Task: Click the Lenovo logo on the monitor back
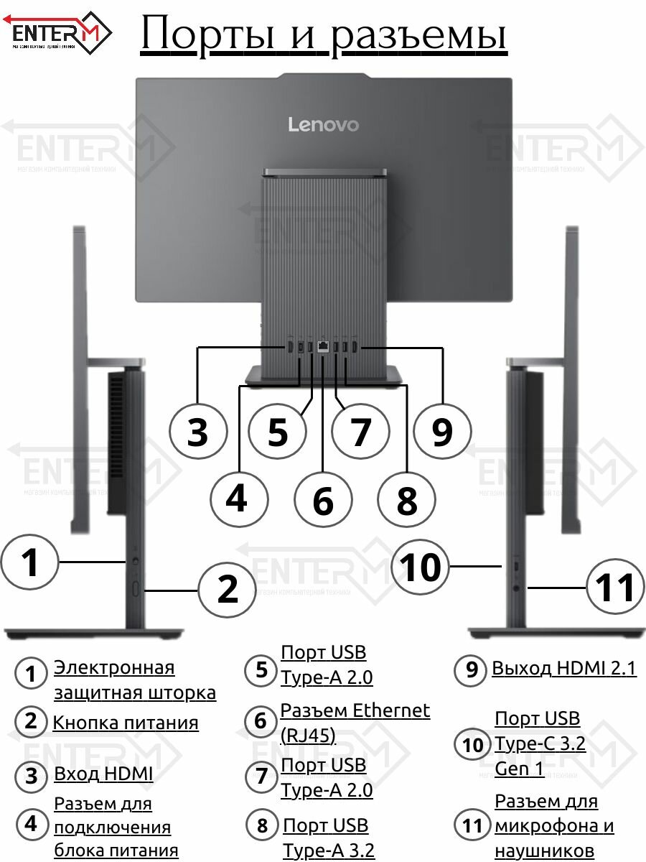(x=323, y=124)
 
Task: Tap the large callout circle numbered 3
(x=197, y=432)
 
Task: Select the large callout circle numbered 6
(x=324, y=499)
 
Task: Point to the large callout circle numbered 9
(x=443, y=432)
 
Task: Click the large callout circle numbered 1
(x=29, y=562)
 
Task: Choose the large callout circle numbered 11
(x=615, y=588)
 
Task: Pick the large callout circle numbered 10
(x=421, y=567)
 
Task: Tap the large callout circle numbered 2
(x=228, y=589)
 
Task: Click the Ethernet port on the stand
(x=323, y=346)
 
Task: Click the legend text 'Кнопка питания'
(x=126, y=723)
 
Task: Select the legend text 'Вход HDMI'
(x=103, y=774)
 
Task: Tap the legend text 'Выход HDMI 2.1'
(x=563, y=669)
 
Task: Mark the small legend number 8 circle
(x=261, y=826)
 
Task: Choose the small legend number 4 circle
(x=30, y=825)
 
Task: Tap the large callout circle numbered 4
(x=238, y=498)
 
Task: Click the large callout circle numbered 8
(x=407, y=499)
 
